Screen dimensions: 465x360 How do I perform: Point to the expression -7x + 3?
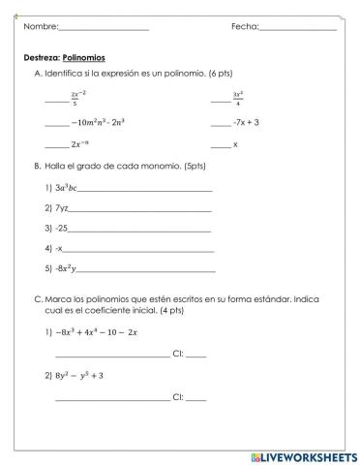pos(246,123)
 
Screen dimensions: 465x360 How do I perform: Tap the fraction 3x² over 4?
pos(237,98)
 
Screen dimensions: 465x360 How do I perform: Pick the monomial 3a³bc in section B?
pos(71,187)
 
